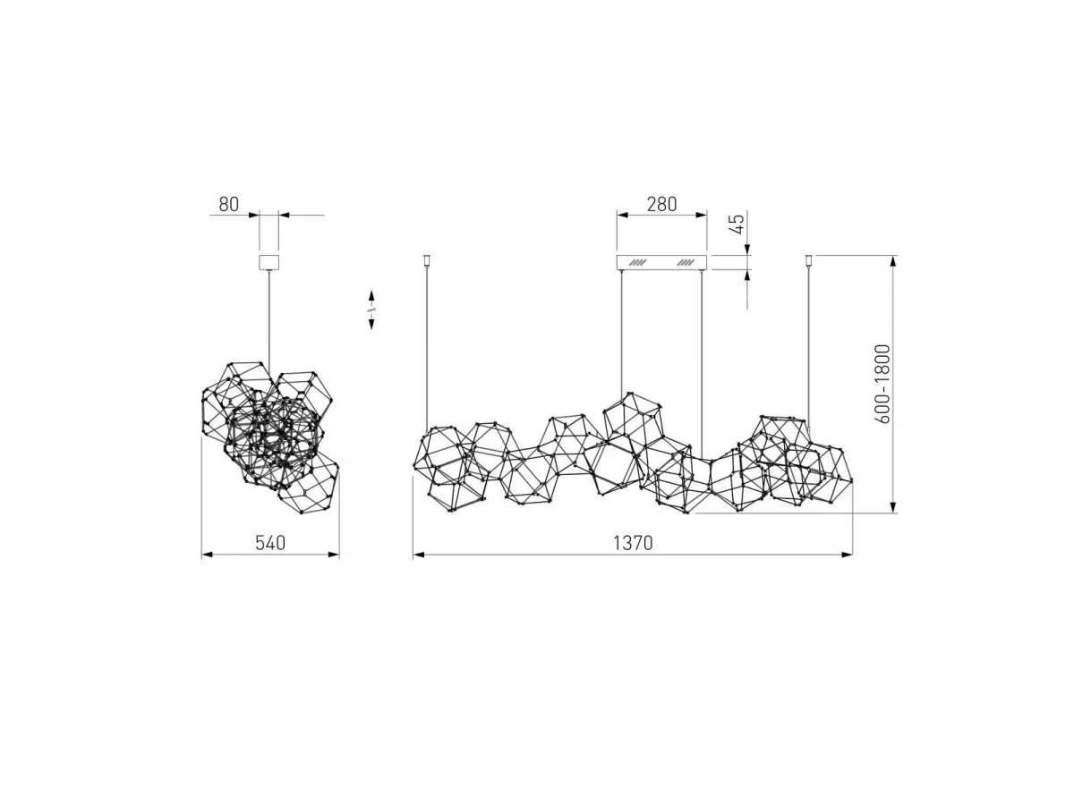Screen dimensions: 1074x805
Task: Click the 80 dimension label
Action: [x=228, y=204]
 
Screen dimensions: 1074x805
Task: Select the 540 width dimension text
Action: [x=270, y=543]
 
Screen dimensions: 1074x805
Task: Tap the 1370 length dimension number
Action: [x=633, y=543]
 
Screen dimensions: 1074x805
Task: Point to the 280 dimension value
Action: [x=661, y=204]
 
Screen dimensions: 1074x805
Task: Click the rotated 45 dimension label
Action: [x=737, y=224]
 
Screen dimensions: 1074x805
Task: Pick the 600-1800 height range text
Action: [x=882, y=384]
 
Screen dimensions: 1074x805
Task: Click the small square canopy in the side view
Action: [x=268, y=262]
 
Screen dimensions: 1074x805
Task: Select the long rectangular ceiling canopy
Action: [x=661, y=262]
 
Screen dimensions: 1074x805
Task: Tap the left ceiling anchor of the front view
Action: [x=427, y=260]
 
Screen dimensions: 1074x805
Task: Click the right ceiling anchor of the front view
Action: [x=808, y=260]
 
